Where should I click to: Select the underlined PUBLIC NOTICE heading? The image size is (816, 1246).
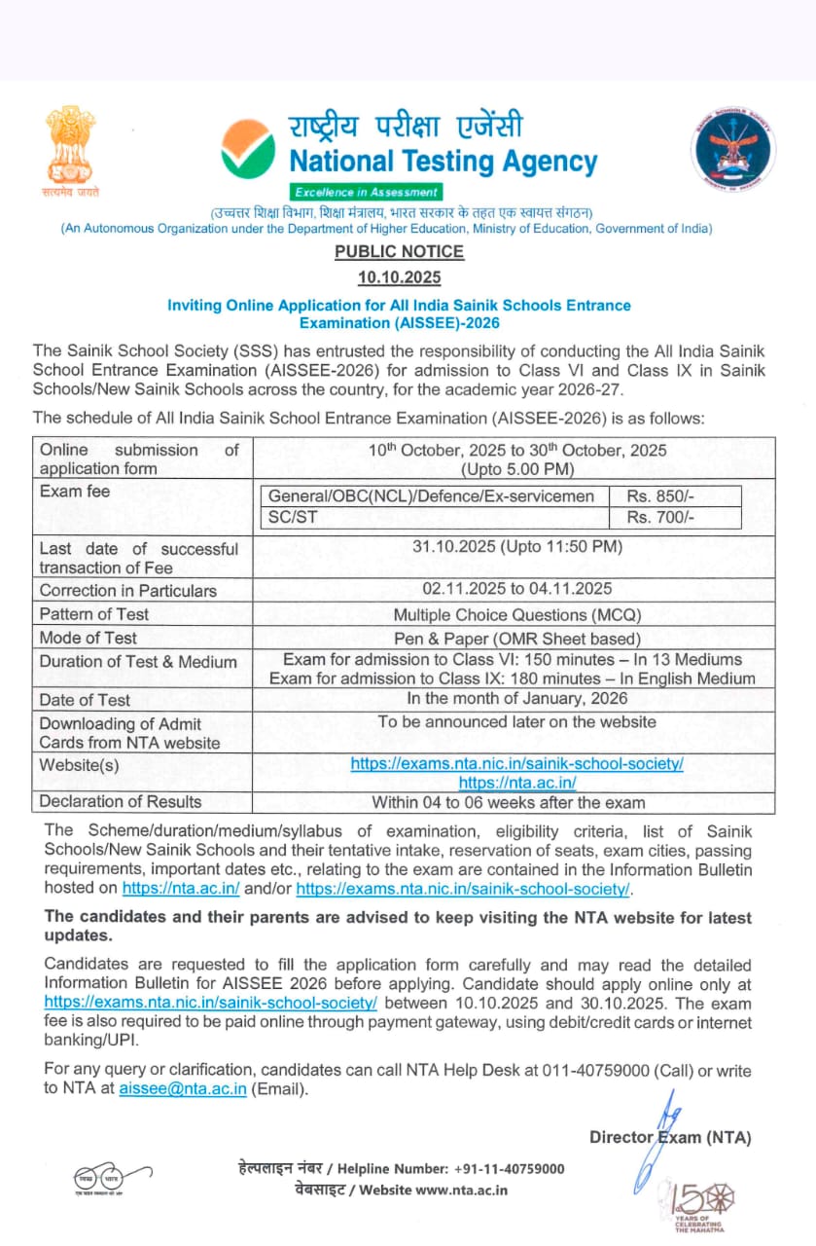[399, 252]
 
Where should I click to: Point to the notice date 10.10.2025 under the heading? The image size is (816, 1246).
[399, 277]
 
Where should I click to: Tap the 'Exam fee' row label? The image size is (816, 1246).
[75, 492]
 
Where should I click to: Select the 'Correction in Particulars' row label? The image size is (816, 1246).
[127, 590]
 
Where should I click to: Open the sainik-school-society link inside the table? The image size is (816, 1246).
[516, 764]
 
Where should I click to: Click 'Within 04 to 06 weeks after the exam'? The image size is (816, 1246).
[509, 802]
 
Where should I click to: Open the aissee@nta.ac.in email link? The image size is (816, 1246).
[183, 1089]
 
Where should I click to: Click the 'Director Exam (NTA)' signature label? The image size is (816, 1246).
[670, 1137]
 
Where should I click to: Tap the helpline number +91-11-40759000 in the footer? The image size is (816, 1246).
[508, 1169]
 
